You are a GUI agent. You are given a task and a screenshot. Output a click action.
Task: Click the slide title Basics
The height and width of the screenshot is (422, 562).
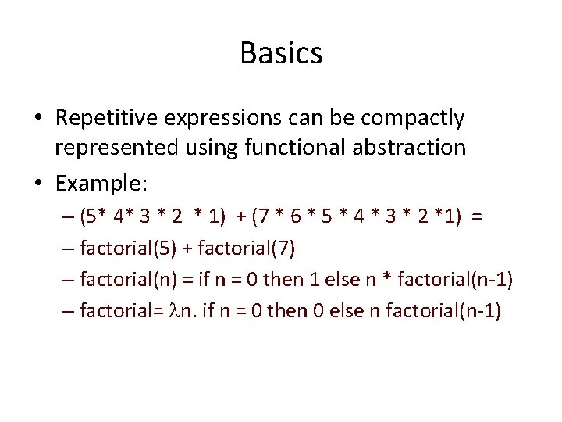[x=281, y=54]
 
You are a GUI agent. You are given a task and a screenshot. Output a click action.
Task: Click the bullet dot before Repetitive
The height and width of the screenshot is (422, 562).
[x=37, y=119]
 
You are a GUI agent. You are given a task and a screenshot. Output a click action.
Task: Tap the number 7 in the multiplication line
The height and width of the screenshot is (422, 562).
[x=266, y=216]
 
